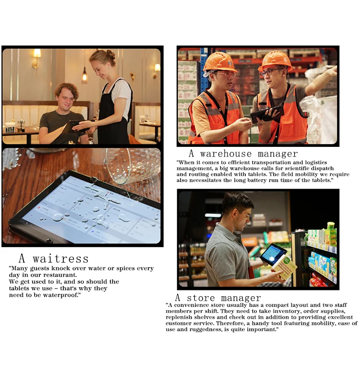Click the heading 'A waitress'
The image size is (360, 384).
pos(53,259)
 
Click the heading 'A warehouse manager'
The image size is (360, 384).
pos(243,154)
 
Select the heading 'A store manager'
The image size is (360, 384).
pos(217,298)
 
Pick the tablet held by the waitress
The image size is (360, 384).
pos(74,126)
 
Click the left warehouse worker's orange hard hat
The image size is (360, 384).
pos(219,61)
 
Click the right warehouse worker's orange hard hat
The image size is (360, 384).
pos(275,60)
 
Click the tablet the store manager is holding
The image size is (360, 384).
pos(272,254)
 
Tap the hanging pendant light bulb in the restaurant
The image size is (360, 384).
pos(84,76)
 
